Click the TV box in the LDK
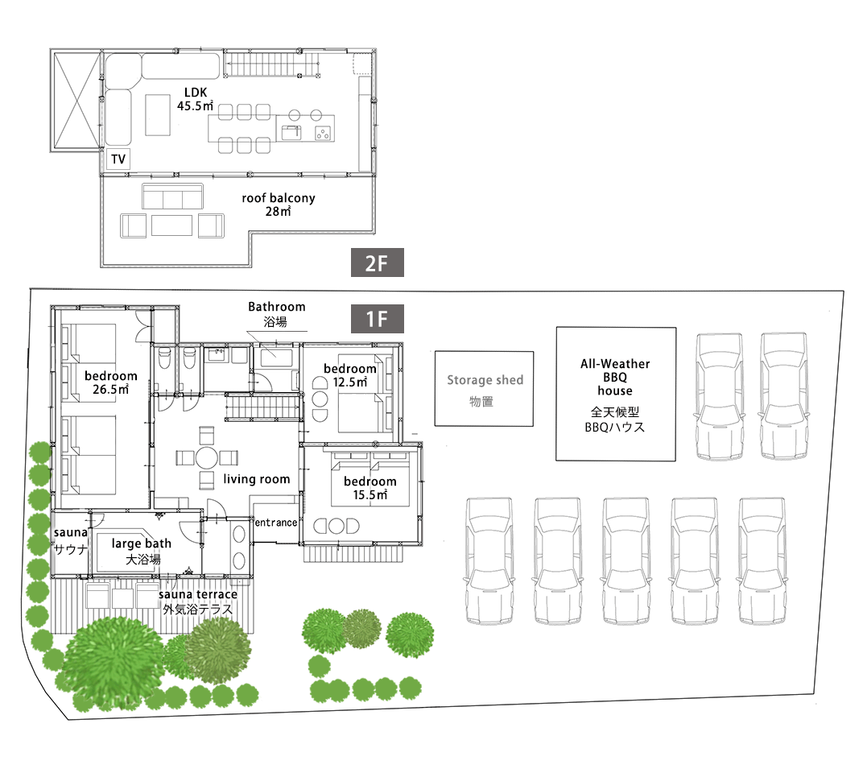(118, 159)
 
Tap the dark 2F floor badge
(377, 262)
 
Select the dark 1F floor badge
(377, 319)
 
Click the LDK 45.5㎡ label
(196, 99)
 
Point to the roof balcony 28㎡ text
(279, 205)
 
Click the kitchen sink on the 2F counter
(291, 133)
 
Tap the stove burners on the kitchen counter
(323, 133)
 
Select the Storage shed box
(484, 389)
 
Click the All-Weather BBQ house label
(615, 377)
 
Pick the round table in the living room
(207, 458)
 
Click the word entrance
(276, 523)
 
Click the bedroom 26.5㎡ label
(110, 382)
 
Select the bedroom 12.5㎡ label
(350, 375)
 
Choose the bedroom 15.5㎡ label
(370, 488)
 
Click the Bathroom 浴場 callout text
(276, 314)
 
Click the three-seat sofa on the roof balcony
(173, 196)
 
